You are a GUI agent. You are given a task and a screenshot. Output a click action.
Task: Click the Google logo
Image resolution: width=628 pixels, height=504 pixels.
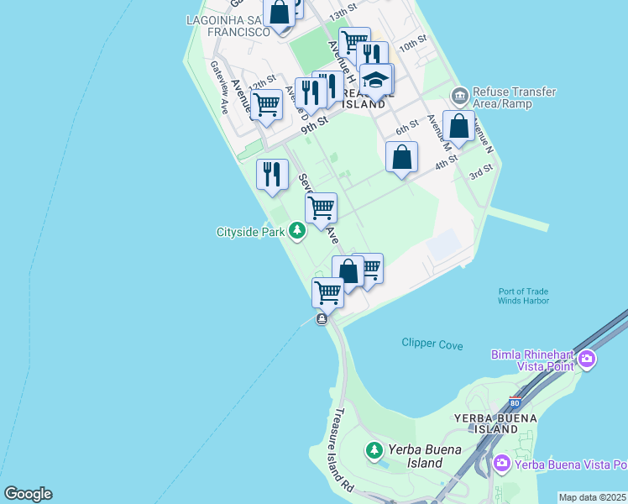28,494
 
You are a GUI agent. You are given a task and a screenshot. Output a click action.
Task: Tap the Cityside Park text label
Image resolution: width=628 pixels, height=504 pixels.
251,231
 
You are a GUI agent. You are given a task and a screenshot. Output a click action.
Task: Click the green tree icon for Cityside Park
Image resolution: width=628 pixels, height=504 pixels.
296,230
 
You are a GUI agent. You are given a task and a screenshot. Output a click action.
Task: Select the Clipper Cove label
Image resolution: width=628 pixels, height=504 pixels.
432,344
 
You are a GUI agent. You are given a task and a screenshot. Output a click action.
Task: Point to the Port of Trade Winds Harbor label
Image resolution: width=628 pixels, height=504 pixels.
523,296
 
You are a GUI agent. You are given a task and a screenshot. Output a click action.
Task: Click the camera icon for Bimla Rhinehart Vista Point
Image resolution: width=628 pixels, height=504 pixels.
586,360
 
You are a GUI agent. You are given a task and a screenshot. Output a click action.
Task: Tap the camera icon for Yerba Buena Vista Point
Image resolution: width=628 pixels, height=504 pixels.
502,464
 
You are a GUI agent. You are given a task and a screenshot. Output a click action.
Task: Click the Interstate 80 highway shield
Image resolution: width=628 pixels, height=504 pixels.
515,404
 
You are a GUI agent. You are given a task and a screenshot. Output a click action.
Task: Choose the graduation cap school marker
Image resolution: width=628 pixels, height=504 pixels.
376,80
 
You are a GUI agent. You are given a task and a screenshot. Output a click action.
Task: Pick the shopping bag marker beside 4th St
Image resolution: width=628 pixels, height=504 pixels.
402,157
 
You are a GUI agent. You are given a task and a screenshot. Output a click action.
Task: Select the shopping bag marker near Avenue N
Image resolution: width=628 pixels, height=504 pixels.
458,127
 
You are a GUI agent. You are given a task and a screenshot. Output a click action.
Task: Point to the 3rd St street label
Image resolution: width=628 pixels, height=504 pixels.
480,172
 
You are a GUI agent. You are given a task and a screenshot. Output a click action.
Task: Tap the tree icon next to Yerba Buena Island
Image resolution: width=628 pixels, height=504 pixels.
374,451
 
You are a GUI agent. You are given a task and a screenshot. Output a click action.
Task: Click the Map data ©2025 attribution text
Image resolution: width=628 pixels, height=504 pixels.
592,497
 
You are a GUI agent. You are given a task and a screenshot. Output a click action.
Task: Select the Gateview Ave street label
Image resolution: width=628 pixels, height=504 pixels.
219,87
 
